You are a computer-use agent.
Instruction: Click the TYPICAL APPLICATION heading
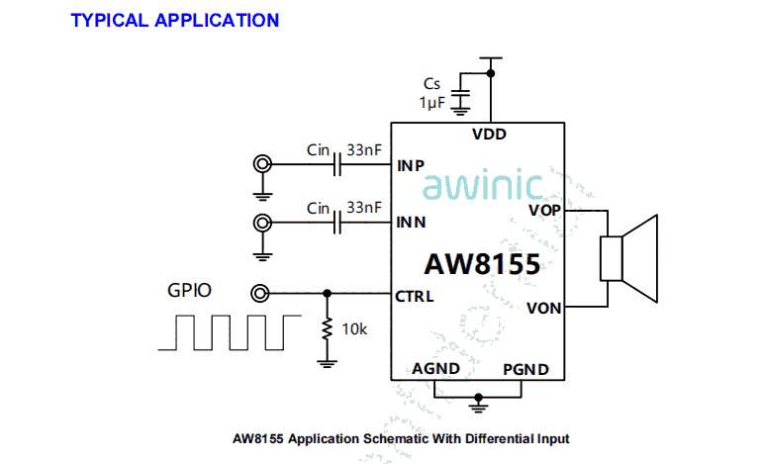175,20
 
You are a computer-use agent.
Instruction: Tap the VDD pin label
490,135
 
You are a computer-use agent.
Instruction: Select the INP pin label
411,165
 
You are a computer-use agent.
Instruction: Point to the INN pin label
411,223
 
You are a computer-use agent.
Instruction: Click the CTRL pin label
415,294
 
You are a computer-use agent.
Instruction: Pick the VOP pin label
544,210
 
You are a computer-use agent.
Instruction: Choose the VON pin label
544,308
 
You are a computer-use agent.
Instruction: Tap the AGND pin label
436,369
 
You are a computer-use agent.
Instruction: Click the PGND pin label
525,369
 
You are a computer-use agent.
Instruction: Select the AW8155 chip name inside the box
482,265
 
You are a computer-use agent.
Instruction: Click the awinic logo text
484,187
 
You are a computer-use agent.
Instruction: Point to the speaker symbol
629,259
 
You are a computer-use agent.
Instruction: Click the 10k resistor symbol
328,329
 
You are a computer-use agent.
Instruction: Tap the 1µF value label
432,102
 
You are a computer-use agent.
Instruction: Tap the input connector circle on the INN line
262,223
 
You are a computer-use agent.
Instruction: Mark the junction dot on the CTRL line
328,293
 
